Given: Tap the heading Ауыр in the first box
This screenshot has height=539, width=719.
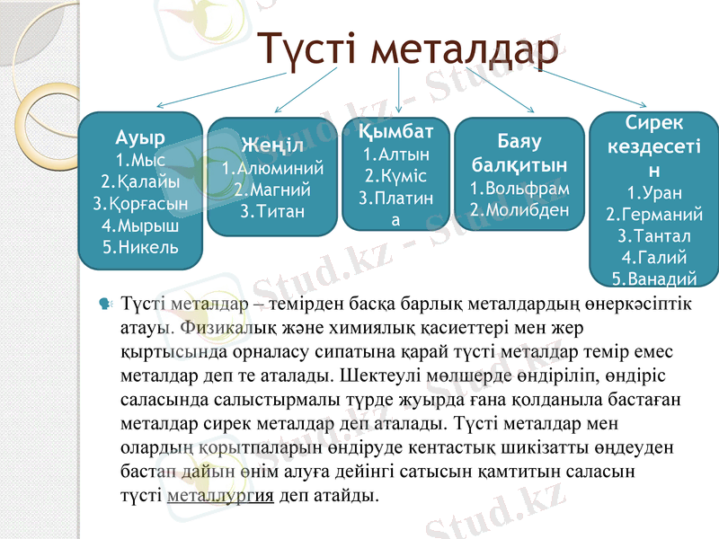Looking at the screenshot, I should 140,138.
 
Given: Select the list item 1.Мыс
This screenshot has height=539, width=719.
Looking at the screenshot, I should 140,160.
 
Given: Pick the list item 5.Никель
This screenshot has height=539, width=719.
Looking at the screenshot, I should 140,245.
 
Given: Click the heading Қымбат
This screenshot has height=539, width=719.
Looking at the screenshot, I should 396,132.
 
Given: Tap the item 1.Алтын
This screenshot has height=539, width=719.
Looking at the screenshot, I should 396,155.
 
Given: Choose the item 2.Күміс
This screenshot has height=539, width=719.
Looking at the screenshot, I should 396,176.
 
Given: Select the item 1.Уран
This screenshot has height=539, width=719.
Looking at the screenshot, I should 654,192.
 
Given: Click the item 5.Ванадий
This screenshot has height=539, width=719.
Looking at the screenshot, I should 654,277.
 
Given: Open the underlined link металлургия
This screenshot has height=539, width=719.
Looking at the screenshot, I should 220,495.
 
